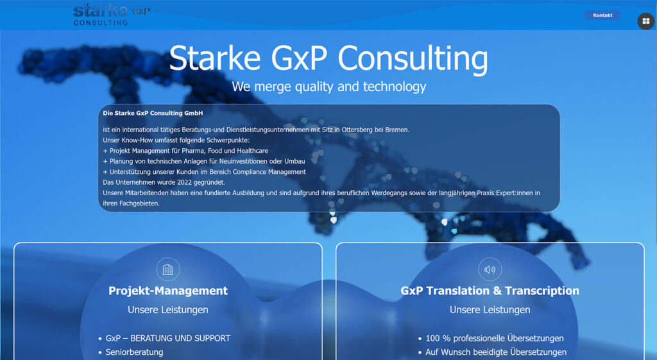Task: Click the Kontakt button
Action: click(x=602, y=15)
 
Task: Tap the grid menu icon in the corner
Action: click(x=645, y=21)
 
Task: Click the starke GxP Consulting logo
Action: click(x=112, y=15)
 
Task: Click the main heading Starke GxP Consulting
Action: click(x=328, y=58)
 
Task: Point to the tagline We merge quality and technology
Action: click(x=329, y=87)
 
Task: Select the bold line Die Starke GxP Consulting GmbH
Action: click(x=153, y=113)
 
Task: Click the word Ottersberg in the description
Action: click(x=357, y=130)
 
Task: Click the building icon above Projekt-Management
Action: click(x=167, y=269)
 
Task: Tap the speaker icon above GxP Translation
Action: click(x=490, y=269)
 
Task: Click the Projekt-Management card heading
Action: click(x=168, y=291)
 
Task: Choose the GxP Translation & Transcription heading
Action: click(x=490, y=291)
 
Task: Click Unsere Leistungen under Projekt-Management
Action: click(x=168, y=310)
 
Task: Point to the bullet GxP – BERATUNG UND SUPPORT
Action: click(x=168, y=338)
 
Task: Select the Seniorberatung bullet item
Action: click(x=134, y=352)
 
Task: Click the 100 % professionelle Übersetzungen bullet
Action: click(x=495, y=338)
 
